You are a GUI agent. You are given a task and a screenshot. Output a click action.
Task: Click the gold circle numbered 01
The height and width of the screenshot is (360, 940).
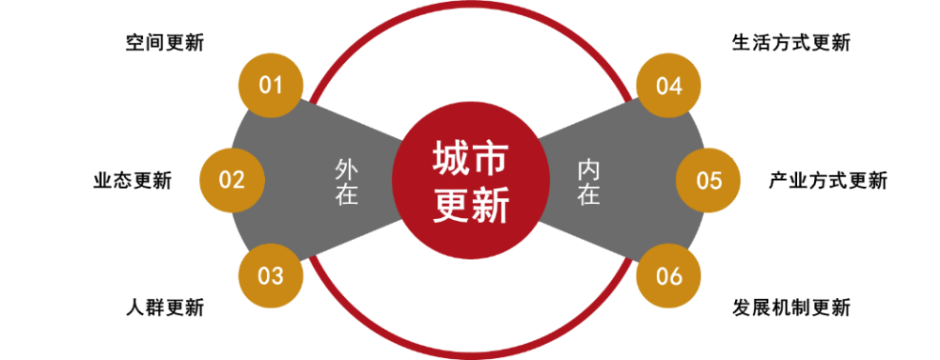(x=271, y=86)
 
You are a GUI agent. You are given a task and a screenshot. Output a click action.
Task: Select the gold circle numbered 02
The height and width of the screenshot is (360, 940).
(x=231, y=180)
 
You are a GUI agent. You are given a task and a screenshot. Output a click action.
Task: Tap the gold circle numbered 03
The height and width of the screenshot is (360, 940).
(x=271, y=276)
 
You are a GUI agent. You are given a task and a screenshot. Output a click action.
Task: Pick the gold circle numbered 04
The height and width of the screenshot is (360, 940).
(x=668, y=86)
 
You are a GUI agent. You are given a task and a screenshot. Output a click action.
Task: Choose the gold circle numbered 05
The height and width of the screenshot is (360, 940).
(x=709, y=180)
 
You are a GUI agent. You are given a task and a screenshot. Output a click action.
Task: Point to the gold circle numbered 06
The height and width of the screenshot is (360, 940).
(x=668, y=276)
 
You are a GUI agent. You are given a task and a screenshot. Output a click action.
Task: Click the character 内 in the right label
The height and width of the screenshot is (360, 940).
(x=588, y=170)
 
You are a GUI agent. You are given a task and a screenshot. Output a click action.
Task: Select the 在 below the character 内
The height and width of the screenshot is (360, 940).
(x=588, y=195)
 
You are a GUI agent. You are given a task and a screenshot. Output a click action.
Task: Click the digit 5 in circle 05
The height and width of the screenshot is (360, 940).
(x=715, y=180)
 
